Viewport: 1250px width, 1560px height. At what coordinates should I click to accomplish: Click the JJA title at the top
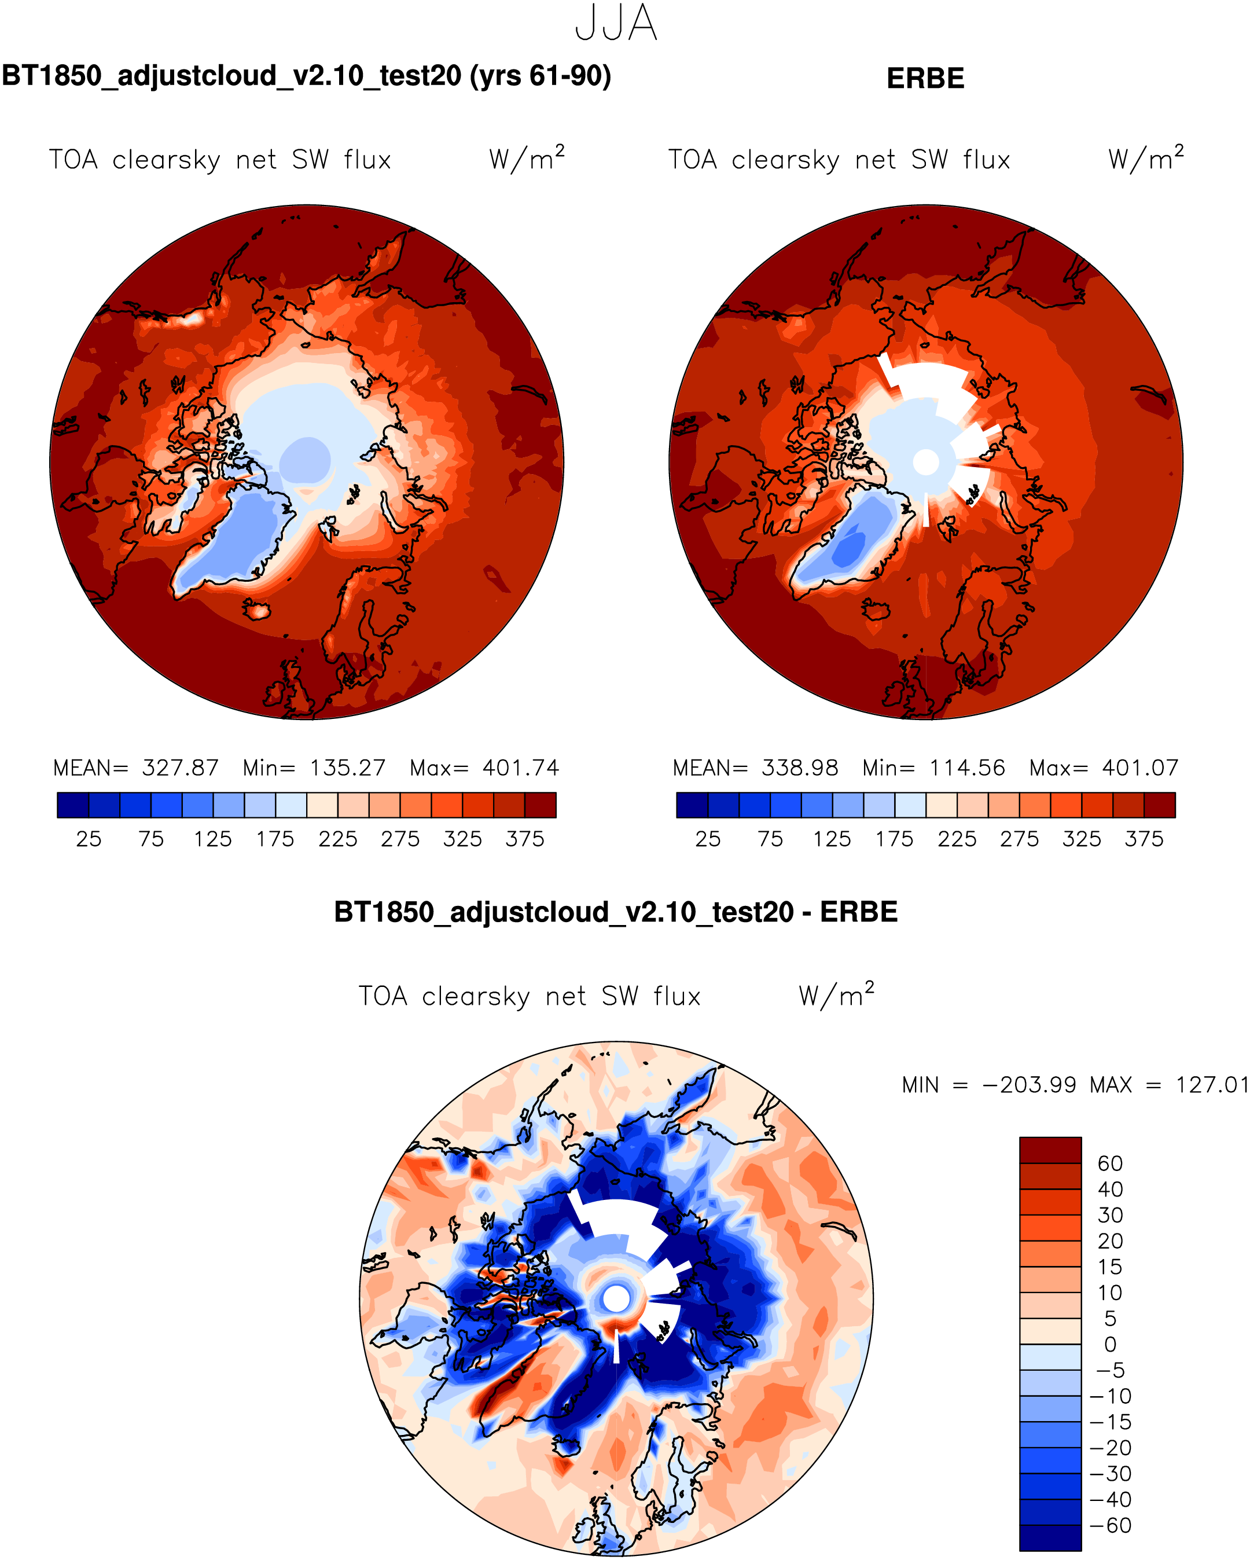point(616,23)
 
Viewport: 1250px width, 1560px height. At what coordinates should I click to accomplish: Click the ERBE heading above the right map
point(925,78)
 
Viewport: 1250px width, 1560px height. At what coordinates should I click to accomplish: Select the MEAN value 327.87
point(180,768)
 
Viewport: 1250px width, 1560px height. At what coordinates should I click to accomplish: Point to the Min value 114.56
point(967,768)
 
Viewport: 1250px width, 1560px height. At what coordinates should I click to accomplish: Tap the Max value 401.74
point(521,768)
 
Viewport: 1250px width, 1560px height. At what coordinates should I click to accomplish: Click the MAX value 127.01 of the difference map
point(1212,1085)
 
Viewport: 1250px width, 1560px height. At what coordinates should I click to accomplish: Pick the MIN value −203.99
point(1029,1085)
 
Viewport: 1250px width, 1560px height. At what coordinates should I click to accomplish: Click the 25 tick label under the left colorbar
point(88,839)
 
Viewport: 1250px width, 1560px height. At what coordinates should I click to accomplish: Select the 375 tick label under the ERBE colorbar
point(1144,839)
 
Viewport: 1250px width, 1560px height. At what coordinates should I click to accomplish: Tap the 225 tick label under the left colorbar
point(338,839)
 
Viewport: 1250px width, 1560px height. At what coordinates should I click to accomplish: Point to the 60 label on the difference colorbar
point(1110,1163)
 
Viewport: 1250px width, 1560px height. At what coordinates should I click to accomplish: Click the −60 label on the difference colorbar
point(1110,1525)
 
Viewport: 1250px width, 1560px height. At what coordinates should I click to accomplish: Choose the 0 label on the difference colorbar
point(1110,1344)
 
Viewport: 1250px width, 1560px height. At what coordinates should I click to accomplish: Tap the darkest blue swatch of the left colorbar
point(72,805)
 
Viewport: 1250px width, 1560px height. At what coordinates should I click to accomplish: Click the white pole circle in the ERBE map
point(926,462)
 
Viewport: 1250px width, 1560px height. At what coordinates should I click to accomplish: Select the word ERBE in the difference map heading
point(859,912)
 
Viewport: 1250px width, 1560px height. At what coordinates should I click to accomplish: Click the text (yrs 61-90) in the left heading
point(541,75)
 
